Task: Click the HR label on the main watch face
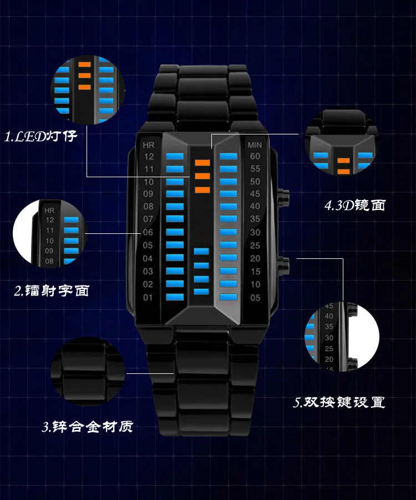148,145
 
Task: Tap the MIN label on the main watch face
255,145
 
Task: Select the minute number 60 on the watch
255,157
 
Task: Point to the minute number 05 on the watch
255,298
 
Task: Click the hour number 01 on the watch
148,298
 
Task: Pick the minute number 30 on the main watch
255,233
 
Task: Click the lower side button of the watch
283,264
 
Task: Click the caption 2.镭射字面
52,290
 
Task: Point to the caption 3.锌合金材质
88,427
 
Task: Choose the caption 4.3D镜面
354,206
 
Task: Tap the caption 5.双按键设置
339,402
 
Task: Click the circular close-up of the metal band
88,372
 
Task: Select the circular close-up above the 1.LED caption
89,90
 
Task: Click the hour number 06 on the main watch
148,233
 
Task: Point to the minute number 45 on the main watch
255,194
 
